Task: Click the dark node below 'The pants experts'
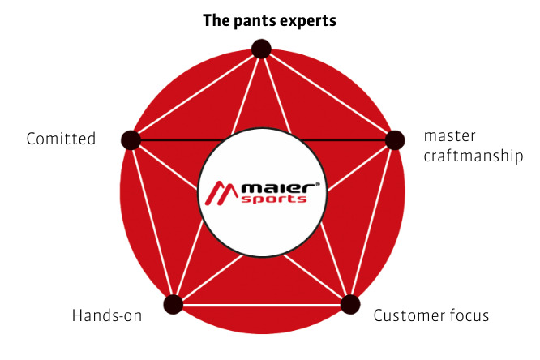(x=261, y=49)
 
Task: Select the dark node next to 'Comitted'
(x=131, y=139)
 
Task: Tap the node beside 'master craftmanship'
(x=394, y=140)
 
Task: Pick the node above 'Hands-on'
(x=173, y=305)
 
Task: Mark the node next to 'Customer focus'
(x=350, y=305)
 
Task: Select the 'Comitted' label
(x=61, y=139)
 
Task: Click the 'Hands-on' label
(x=105, y=315)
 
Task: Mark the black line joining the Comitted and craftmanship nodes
(x=170, y=140)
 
